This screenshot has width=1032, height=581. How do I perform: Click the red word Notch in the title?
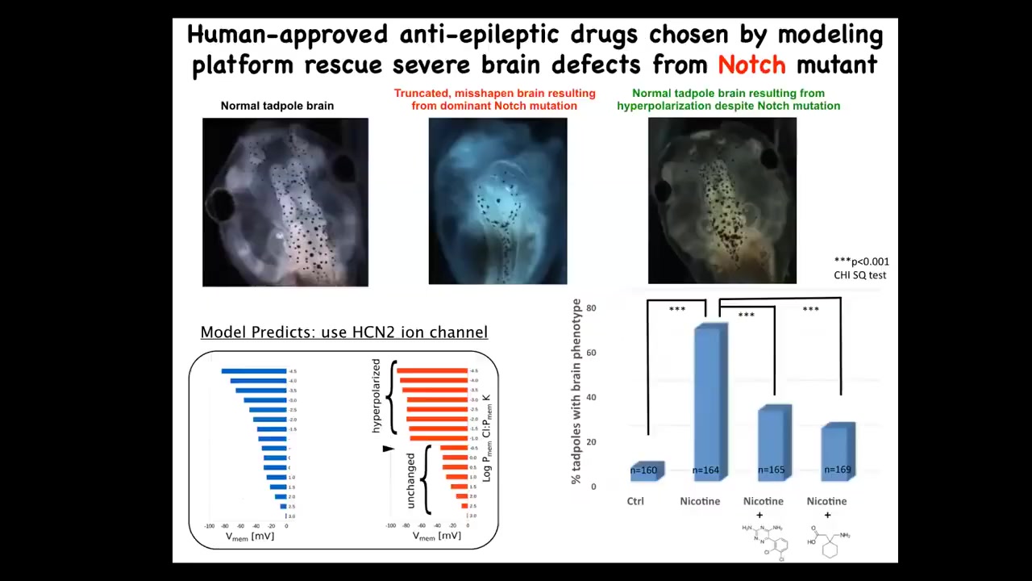click(x=751, y=65)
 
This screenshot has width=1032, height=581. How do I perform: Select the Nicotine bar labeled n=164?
click(x=709, y=403)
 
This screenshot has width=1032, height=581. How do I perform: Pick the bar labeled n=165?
click(x=772, y=444)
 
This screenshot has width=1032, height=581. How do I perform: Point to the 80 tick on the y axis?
click(x=591, y=308)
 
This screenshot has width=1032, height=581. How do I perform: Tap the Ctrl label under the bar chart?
click(x=635, y=501)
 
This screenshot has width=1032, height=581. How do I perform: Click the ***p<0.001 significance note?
click(x=861, y=261)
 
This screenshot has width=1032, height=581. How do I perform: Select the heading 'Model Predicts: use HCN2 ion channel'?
click(x=343, y=332)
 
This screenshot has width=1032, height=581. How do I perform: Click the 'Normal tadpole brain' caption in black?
click(x=277, y=106)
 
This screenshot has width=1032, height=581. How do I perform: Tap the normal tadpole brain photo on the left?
click(x=285, y=202)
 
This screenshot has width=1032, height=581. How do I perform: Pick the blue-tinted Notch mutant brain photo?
click(x=497, y=201)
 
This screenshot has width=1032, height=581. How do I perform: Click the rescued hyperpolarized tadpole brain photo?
click(x=722, y=201)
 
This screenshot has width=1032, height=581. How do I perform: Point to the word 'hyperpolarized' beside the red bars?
click(x=376, y=396)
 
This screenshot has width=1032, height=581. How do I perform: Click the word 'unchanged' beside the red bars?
click(x=411, y=480)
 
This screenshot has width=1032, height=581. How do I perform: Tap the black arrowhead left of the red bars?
click(x=389, y=449)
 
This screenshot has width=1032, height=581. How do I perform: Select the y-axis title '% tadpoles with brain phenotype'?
click(x=576, y=391)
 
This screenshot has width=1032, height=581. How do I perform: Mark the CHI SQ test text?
click(x=859, y=275)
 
